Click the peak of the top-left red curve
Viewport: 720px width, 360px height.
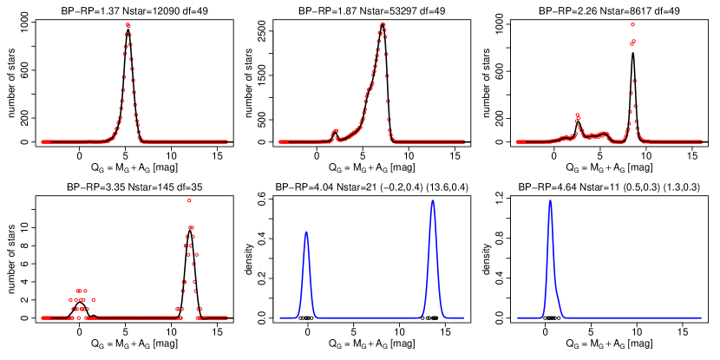(128, 24)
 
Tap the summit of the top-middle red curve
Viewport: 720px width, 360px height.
(382, 24)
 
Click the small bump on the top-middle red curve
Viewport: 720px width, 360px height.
(335, 131)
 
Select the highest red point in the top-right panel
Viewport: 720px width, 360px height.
(632, 24)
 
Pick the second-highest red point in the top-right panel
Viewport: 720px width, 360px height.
(632, 42)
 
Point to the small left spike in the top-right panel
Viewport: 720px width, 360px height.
(577, 115)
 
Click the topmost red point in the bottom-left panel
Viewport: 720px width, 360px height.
(189, 200)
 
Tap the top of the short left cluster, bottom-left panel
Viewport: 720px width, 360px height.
(81, 291)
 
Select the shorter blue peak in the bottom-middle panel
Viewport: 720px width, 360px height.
(306, 232)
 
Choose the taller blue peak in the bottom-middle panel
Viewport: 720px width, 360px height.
(432, 200)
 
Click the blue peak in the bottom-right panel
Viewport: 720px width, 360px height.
(550, 200)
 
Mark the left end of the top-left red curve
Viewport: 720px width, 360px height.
(42, 141)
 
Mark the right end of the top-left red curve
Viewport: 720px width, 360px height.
(227, 141)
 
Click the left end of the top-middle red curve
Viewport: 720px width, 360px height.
(279, 141)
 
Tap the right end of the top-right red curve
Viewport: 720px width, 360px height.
(702, 141)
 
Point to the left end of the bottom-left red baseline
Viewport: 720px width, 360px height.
(42, 317)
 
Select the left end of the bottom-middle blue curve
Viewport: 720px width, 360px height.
(279, 317)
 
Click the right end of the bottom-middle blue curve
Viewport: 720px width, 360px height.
(464, 317)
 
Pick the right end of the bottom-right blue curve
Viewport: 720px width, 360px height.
(702, 317)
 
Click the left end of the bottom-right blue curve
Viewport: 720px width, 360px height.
(517, 317)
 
